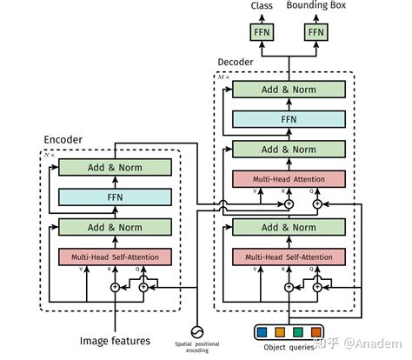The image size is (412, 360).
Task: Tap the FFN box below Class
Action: (261, 33)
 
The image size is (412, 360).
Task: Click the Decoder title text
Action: (236, 62)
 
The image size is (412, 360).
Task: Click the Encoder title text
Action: (63, 139)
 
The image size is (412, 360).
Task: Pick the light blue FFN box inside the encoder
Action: (114, 197)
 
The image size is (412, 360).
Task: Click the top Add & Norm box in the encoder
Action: (114, 168)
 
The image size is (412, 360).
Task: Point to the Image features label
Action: (116, 340)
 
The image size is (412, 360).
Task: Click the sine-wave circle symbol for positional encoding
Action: (197, 332)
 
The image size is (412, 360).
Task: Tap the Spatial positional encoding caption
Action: (197, 350)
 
